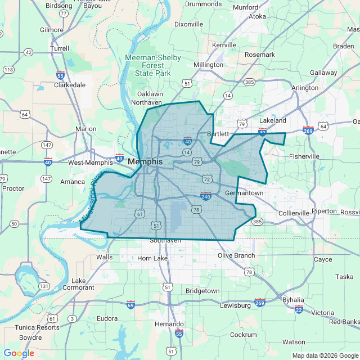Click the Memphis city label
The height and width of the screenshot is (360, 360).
[x=145, y=161]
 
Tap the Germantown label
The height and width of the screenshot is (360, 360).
[x=244, y=193]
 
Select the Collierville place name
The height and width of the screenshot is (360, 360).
[x=294, y=213]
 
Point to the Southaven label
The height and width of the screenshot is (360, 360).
[x=165, y=240]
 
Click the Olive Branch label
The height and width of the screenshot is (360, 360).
[x=236, y=255]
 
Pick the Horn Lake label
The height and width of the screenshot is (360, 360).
[x=152, y=258]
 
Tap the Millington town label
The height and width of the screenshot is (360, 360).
[x=208, y=65]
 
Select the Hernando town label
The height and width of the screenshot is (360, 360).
[x=169, y=325]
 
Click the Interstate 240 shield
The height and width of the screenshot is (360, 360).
[x=205, y=196]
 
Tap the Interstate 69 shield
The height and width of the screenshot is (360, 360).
[x=130, y=304]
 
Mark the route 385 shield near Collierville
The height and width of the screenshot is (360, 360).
[x=257, y=222]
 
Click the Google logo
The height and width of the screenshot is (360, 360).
[x=19, y=353]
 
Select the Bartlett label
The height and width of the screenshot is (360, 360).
[x=218, y=134]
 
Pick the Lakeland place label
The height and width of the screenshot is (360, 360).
[x=273, y=120]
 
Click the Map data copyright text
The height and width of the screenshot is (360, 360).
[x=324, y=355]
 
